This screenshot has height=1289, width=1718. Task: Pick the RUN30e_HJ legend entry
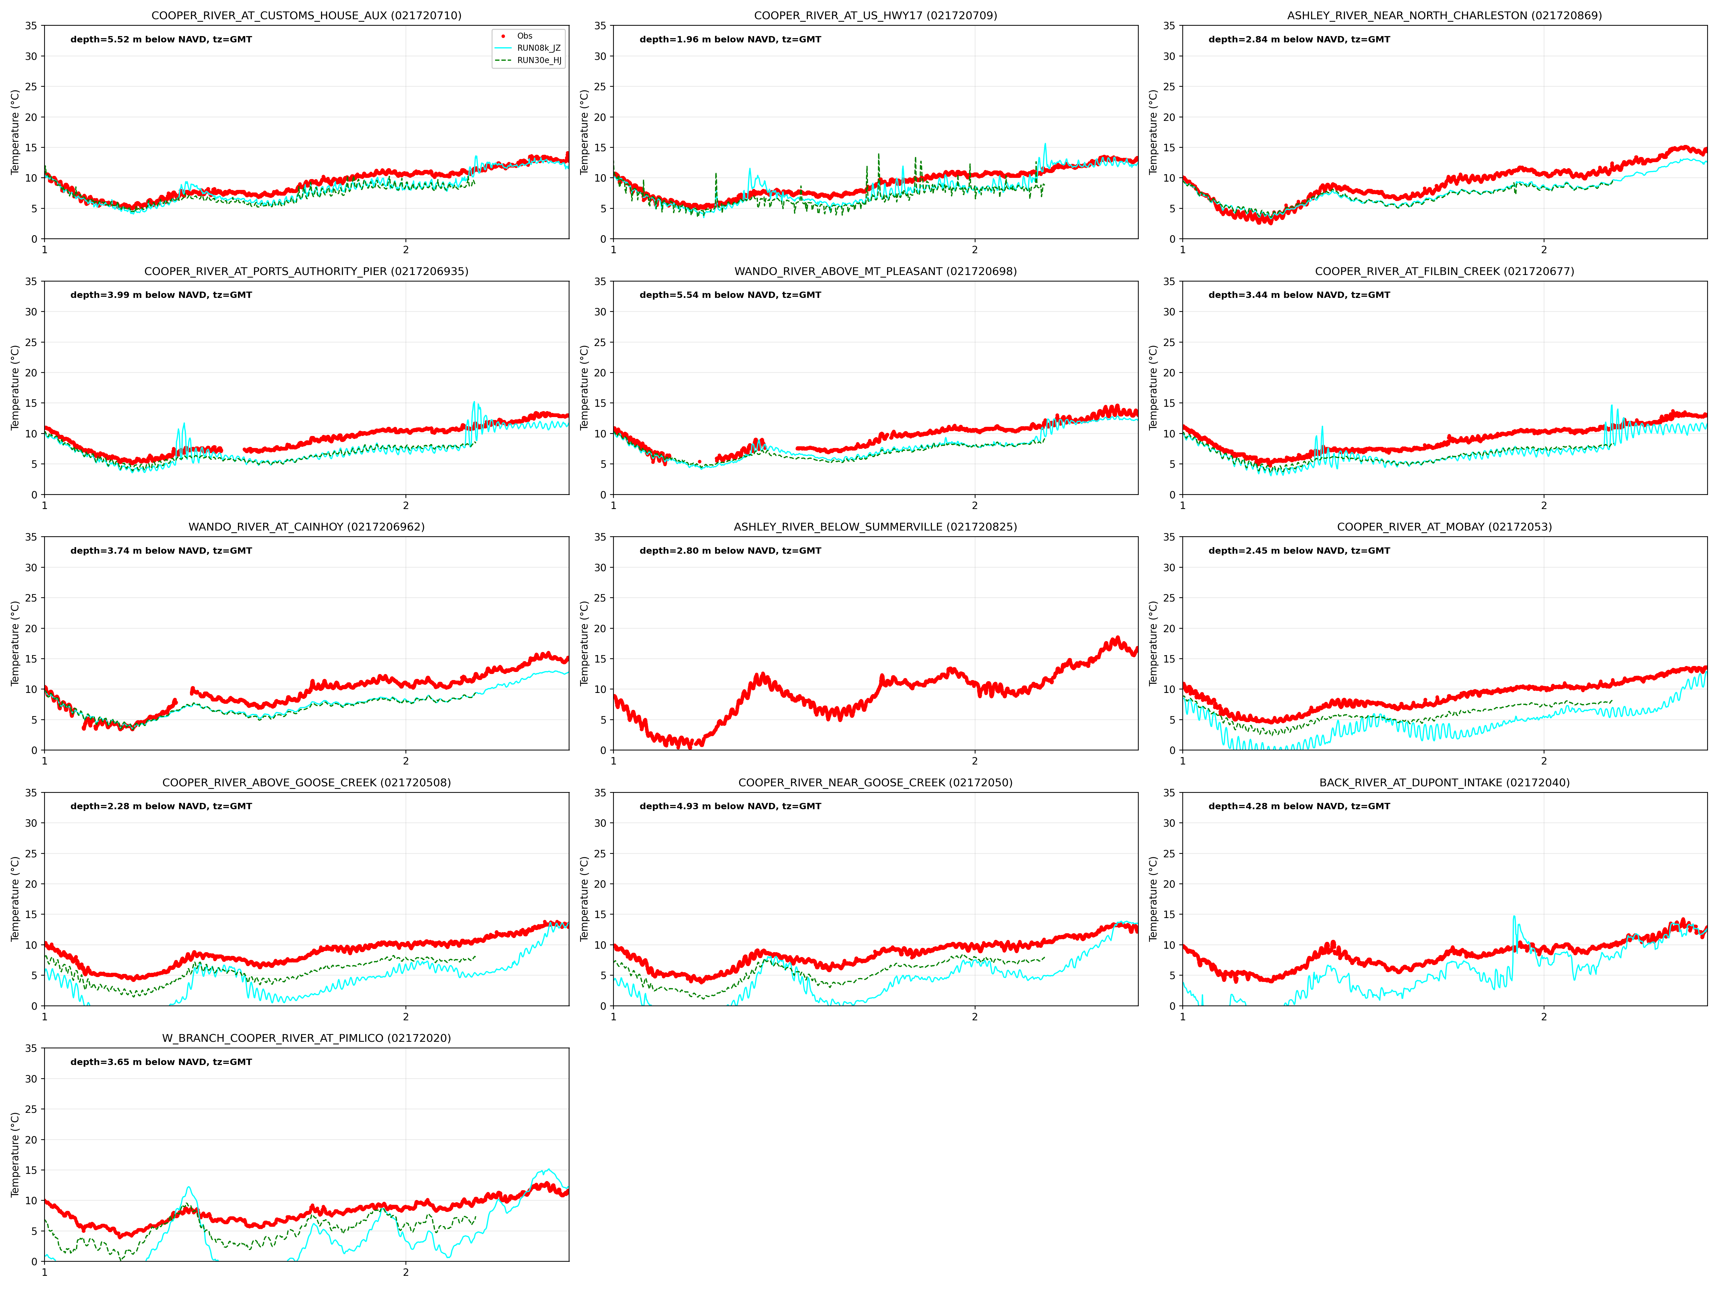(x=539, y=61)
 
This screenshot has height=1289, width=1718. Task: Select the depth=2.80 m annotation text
(x=730, y=551)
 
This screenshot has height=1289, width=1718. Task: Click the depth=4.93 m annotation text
(x=730, y=807)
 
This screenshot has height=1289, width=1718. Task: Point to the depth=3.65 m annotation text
(x=161, y=1062)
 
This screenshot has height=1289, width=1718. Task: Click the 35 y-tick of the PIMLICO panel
(x=31, y=1048)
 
